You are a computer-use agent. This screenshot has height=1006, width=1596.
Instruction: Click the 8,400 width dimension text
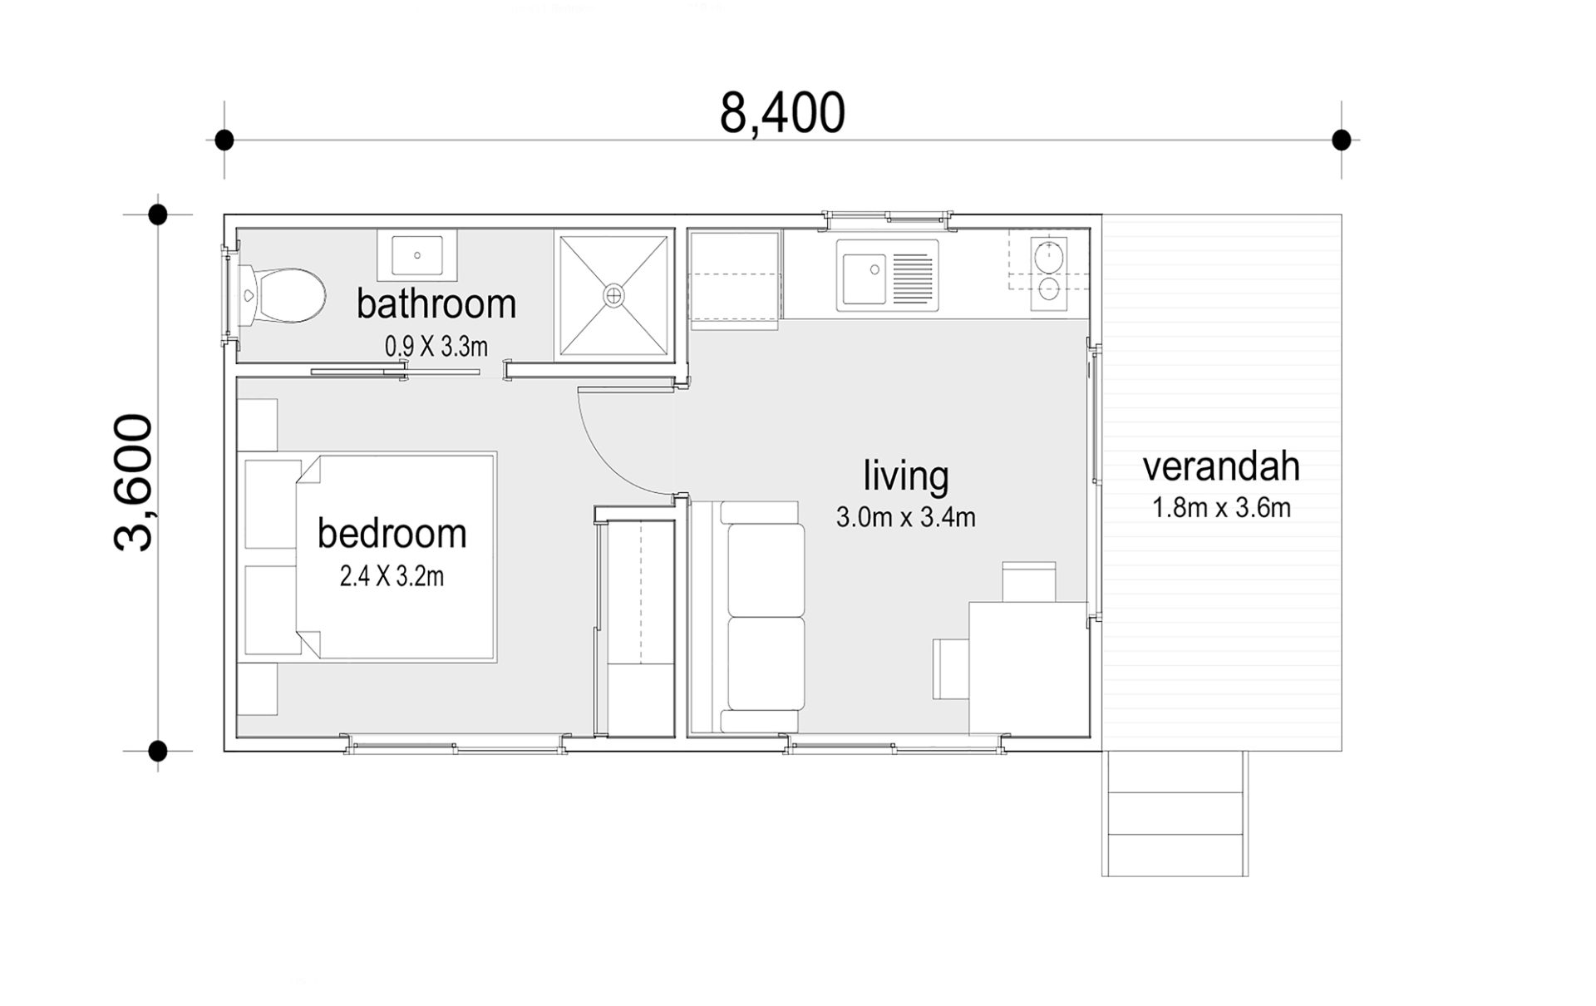[x=782, y=114]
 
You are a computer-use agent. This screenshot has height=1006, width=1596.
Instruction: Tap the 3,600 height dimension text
[x=134, y=482]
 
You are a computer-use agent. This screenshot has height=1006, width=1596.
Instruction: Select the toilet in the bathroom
[x=281, y=295]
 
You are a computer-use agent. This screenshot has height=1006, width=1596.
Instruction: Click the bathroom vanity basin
[x=416, y=255]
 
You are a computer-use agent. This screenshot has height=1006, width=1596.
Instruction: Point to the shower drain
[x=613, y=294]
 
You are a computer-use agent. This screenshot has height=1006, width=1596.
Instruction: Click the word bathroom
[x=436, y=304]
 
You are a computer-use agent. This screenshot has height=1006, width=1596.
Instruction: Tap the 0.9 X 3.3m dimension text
[x=436, y=347]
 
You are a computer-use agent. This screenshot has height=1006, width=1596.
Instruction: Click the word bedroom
[x=392, y=534]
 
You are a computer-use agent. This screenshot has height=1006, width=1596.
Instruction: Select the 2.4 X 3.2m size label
[x=392, y=576]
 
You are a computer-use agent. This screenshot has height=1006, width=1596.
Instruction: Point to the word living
[x=905, y=476]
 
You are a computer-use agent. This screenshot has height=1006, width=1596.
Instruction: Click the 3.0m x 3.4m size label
[x=905, y=517]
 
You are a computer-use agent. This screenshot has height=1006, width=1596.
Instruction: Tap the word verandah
[x=1221, y=466]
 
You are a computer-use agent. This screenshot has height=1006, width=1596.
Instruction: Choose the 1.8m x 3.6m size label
[x=1221, y=508]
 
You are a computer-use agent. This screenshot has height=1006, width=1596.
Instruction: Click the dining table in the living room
[x=1028, y=668]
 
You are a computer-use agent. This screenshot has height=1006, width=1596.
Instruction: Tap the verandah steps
[x=1175, y=813]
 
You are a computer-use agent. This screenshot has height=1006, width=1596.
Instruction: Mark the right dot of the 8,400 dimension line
[x=1341, y=140]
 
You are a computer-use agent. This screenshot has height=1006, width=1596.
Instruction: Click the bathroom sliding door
[x=396, y=372]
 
